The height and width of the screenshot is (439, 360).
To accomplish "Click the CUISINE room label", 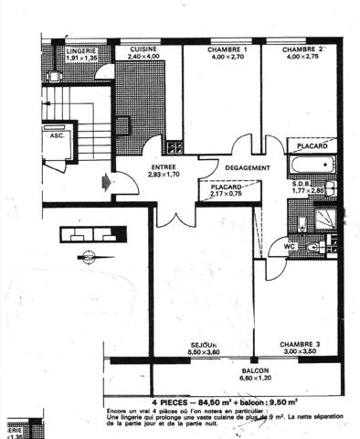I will coord(144,48).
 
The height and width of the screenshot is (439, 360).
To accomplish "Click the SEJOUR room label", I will coord(171,344).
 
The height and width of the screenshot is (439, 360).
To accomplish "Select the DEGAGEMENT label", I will coord(247,167).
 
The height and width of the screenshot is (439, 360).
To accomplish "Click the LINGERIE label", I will coord(81,50).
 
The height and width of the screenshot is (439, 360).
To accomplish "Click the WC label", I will coord(288,246).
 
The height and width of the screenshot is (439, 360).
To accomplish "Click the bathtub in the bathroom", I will coord(311,165).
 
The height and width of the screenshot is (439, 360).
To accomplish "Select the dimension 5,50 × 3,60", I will coord(171,352).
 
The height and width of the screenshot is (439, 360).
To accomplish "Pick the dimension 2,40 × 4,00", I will coord(144,57).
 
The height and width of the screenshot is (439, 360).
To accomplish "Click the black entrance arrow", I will coord(109,182).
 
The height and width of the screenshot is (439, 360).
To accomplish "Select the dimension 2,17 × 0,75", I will coord(227,194).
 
